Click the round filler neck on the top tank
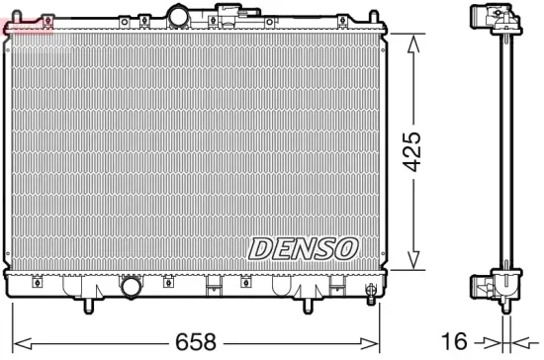178,16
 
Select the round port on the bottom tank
132,288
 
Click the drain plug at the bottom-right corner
369,292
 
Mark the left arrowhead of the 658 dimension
14,342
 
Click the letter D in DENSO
260,248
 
